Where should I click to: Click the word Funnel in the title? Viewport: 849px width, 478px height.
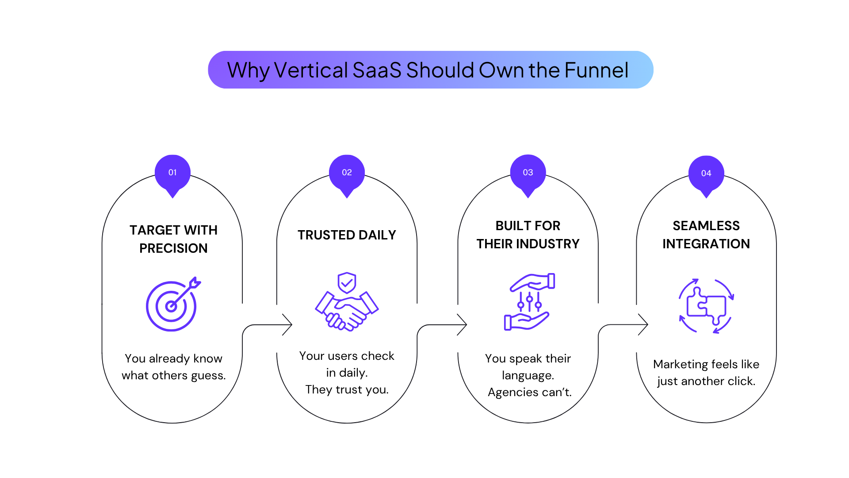597,70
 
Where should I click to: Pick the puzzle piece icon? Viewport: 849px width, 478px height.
706,306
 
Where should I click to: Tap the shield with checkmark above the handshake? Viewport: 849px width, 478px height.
347,283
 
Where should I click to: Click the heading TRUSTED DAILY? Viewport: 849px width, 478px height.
347,235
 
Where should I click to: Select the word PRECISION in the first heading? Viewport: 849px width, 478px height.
173,248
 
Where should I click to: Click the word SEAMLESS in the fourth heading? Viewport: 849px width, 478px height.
706,226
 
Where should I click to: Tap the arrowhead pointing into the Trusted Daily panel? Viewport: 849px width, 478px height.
287,325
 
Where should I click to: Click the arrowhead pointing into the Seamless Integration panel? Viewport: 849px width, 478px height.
643,324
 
